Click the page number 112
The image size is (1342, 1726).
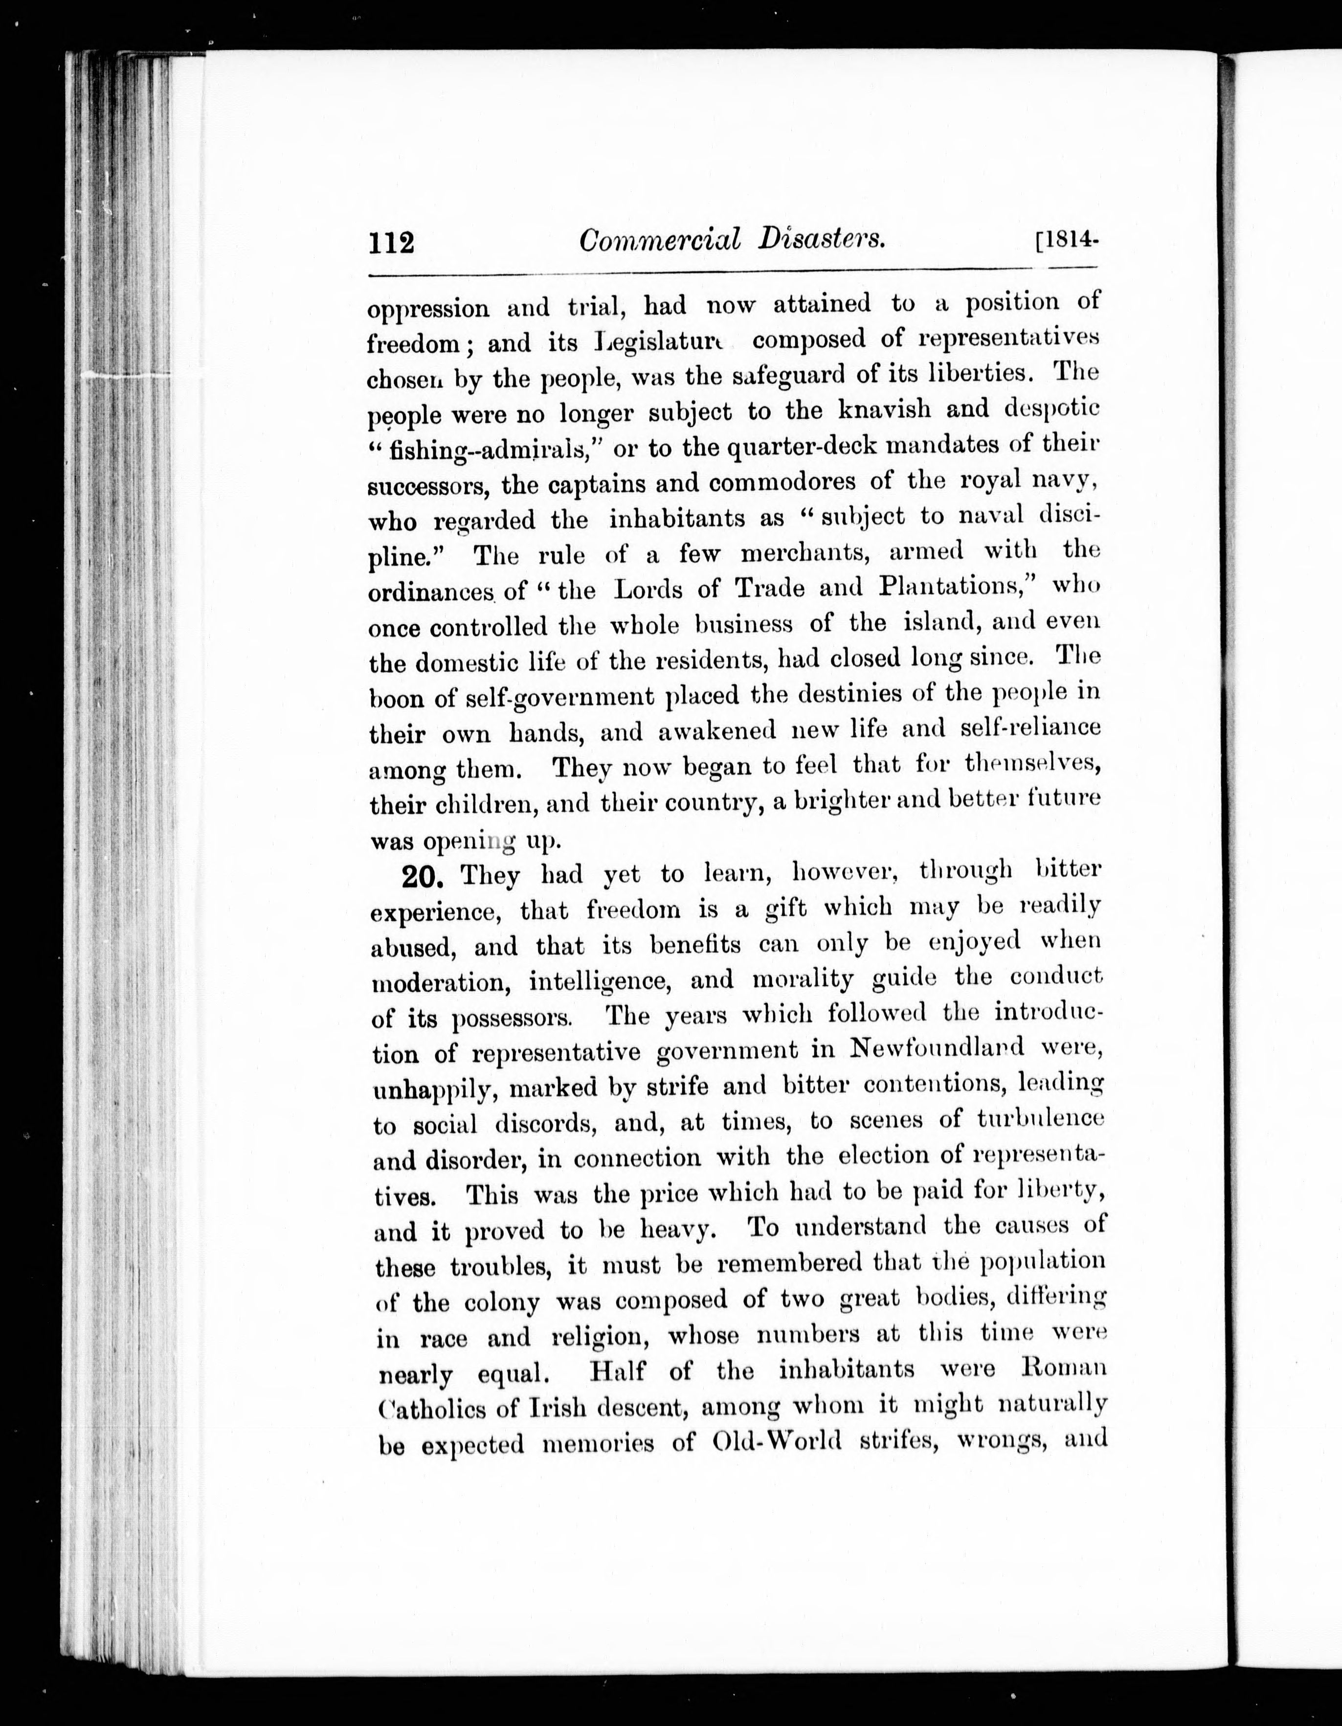391,241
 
